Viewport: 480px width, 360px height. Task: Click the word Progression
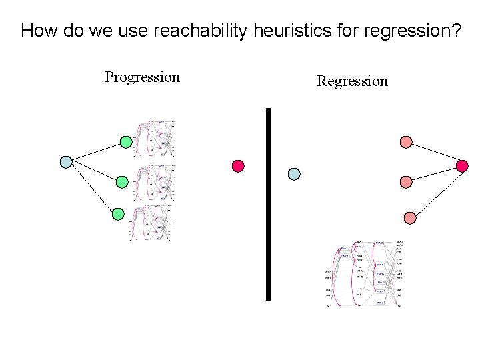pyautogui.click(x=142, y=77)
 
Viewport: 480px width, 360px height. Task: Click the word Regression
pyautogui.click(x=352, y=81)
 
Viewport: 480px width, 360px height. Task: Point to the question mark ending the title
pyautogui.click(x=456, y=31)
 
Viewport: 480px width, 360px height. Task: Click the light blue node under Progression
pyautogui.click(x=66, y=161)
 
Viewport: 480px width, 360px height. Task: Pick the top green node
pyautogui.click(x=126, y=141)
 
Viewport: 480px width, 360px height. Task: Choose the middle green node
pyautogui.click(x=122, y=181)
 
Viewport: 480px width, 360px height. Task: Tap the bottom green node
pyautogui.click(x=118, y=214)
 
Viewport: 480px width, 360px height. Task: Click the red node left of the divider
pyautogui.click(x=238, y=165)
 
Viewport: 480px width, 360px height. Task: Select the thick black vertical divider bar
pyautogui.click(x=269, y=204)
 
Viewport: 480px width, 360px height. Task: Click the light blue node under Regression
pyautogui.click(x=294, y=174)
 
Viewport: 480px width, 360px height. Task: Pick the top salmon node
pyautogui.click(x=406, y=141)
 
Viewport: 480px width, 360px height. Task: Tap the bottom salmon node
pyautogui.click(x=410, y=218)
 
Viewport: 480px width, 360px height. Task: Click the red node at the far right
pyautogui.click(x=461, y=165)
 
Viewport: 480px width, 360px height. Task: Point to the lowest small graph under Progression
pyautogui.click(x=151, y=222)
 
